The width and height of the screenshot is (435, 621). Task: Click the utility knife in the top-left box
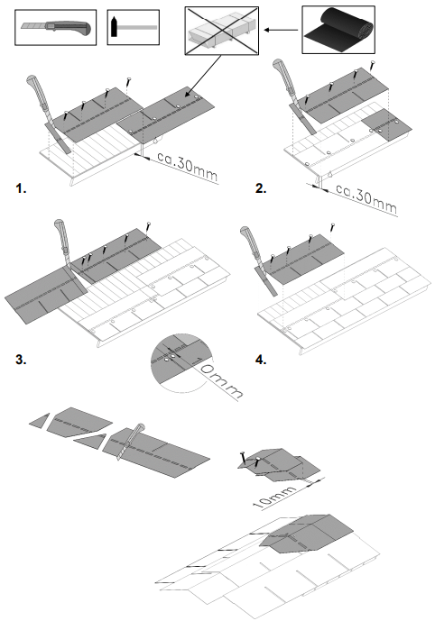point(57,28)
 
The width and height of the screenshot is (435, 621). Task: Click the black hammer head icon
point(115,26)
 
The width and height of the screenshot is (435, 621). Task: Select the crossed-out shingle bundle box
point(222,31)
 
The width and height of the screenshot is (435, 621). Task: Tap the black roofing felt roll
point(338,29)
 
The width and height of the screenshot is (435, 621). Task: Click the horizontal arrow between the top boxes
point(281,30)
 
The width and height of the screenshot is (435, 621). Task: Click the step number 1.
point(21,188)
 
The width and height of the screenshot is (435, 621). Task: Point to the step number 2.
point(261,188)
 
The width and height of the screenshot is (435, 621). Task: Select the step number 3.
point(21,360)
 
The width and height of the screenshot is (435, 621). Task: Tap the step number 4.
point(261,360)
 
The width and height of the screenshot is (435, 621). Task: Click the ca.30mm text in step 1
point(188,166)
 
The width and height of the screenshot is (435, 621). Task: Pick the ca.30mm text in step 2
point(366,197)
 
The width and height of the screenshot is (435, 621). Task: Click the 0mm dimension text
point(221,381)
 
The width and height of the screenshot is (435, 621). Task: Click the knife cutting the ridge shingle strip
point(131,442)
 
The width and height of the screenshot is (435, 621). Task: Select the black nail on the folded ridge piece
point(242,458)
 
